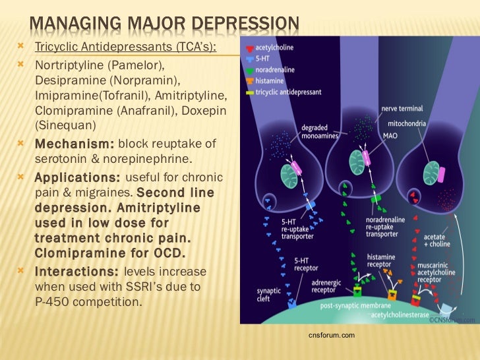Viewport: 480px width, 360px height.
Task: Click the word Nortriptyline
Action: coord(65,67)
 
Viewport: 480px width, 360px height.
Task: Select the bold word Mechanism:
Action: coord(74,144)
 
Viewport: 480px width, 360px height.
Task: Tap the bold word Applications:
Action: coord(76,178)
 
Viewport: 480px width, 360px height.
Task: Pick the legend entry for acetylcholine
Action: coord(276,47)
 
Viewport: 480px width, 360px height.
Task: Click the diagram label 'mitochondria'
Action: coord(426,123)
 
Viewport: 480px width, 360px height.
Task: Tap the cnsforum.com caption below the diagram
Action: coord(332,336)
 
